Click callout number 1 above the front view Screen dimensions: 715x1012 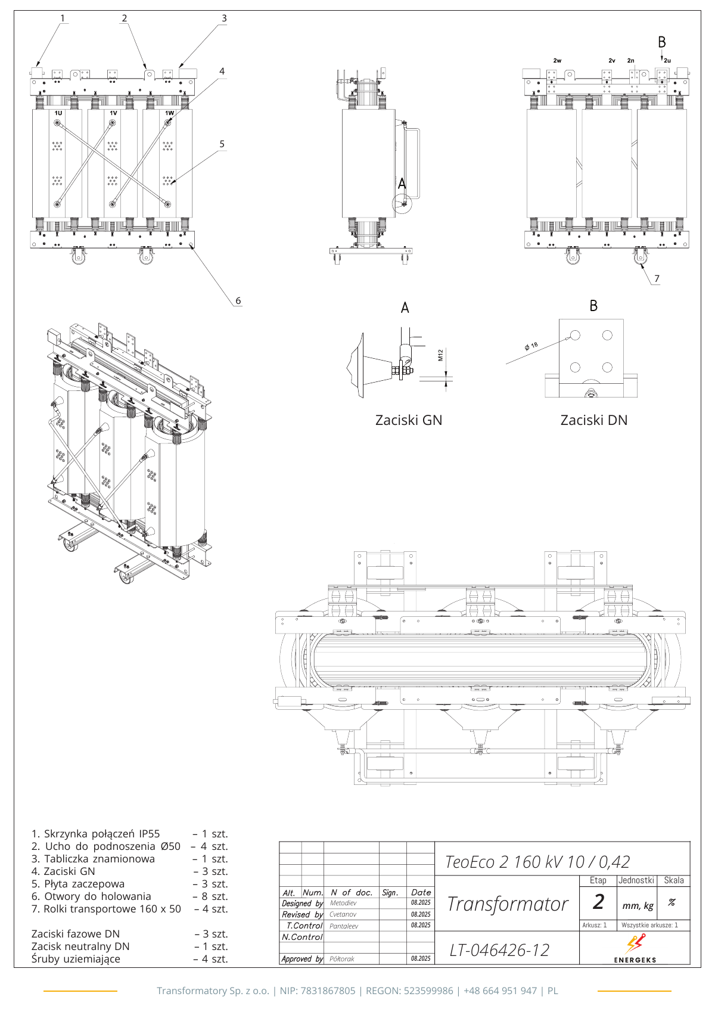[x=63, y=18]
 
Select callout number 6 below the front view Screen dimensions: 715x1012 [x=238, y=300]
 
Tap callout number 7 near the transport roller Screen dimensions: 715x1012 [x=657, y=278]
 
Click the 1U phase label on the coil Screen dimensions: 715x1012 [x=58, y=113]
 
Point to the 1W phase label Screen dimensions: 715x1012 [x=169, y=113]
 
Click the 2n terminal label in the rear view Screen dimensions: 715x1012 [x=630, y=61]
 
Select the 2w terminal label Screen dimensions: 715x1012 [x=557, y=61]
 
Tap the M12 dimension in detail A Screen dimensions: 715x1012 [x=440, y=355]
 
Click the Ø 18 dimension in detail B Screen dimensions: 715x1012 [x=531, y=346]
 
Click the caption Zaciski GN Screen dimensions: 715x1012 [x=409, y=420]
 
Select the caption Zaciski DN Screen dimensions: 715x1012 [x=594, y=420]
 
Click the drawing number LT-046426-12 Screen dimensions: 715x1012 [x=499, y=950]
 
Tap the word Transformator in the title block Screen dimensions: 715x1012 [x=508, y=904]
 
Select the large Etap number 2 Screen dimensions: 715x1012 [x=598, y=902]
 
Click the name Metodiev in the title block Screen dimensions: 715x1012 [x=343, y=903]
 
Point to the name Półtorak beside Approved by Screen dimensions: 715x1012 [x=342, y=959]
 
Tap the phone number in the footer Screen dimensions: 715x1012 [x=500, y=991]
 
